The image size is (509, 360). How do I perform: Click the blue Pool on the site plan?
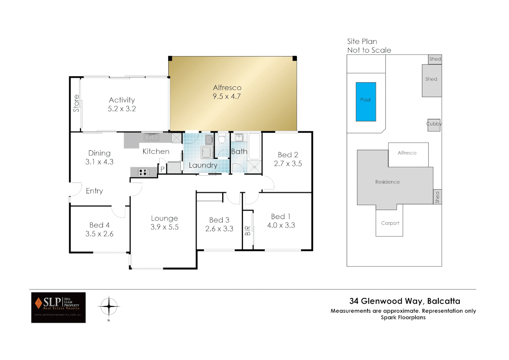click(366, 102)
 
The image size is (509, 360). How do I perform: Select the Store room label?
click(76, 103)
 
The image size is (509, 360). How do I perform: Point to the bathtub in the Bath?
click(254, 147)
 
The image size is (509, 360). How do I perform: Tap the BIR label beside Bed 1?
click(248, 231)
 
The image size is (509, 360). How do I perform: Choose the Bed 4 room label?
click(99, 225)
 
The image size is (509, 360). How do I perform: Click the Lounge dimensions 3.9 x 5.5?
click(164, 227)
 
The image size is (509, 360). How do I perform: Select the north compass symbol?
click(109, 306)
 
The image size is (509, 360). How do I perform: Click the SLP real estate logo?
click(58, 307)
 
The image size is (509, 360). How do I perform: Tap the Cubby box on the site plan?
click(434, 125)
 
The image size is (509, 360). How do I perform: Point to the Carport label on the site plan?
click(390, 223)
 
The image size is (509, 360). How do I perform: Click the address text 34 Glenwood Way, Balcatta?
click(404, 301)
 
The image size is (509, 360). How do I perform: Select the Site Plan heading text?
click(362, 42)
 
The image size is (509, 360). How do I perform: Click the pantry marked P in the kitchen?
click(163, 169)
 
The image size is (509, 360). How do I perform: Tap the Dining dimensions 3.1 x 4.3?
click(99, 162)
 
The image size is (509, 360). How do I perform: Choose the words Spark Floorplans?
click(403, 317)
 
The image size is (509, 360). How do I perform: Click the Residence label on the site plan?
click(387, 182)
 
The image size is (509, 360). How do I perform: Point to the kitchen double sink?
click(152, 137)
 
